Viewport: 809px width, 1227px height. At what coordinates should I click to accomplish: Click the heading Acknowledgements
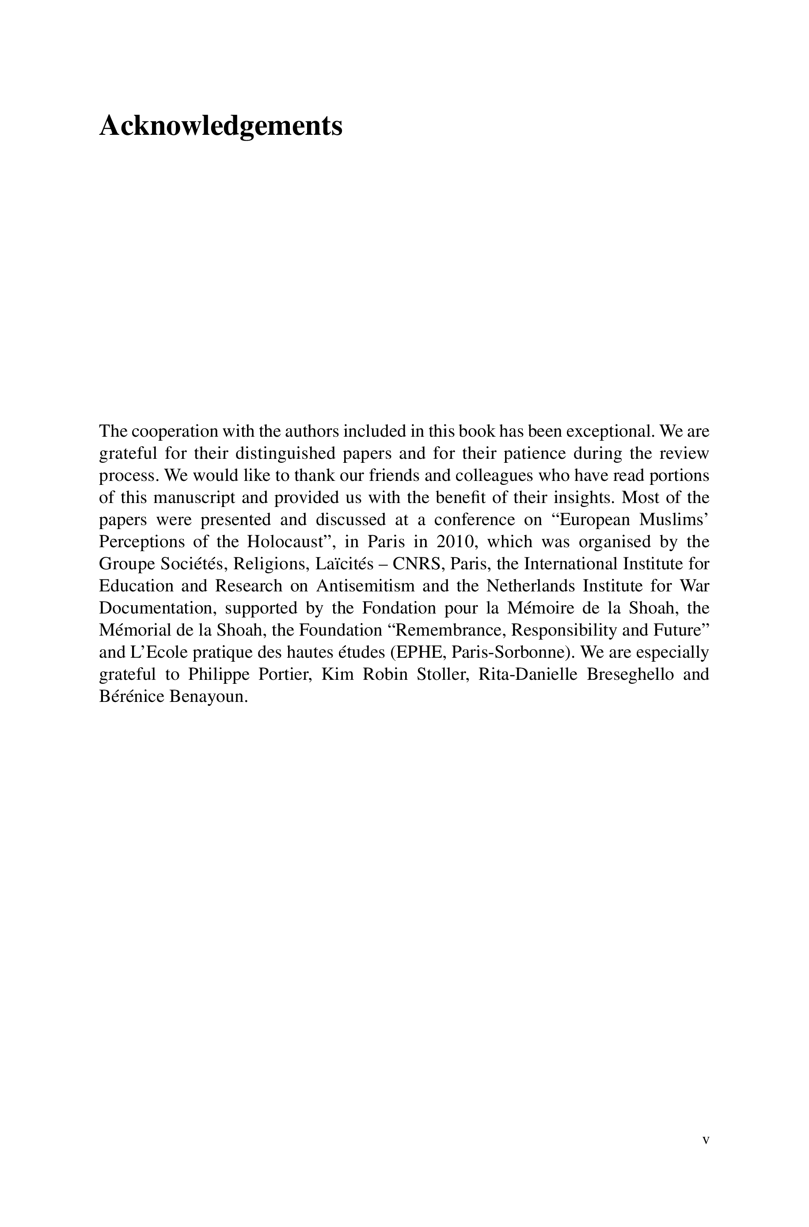220,126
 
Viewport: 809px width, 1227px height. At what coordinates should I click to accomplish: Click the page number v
706,1140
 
